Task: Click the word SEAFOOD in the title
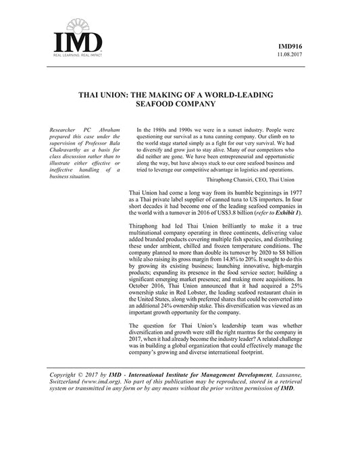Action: click(157, 105)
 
